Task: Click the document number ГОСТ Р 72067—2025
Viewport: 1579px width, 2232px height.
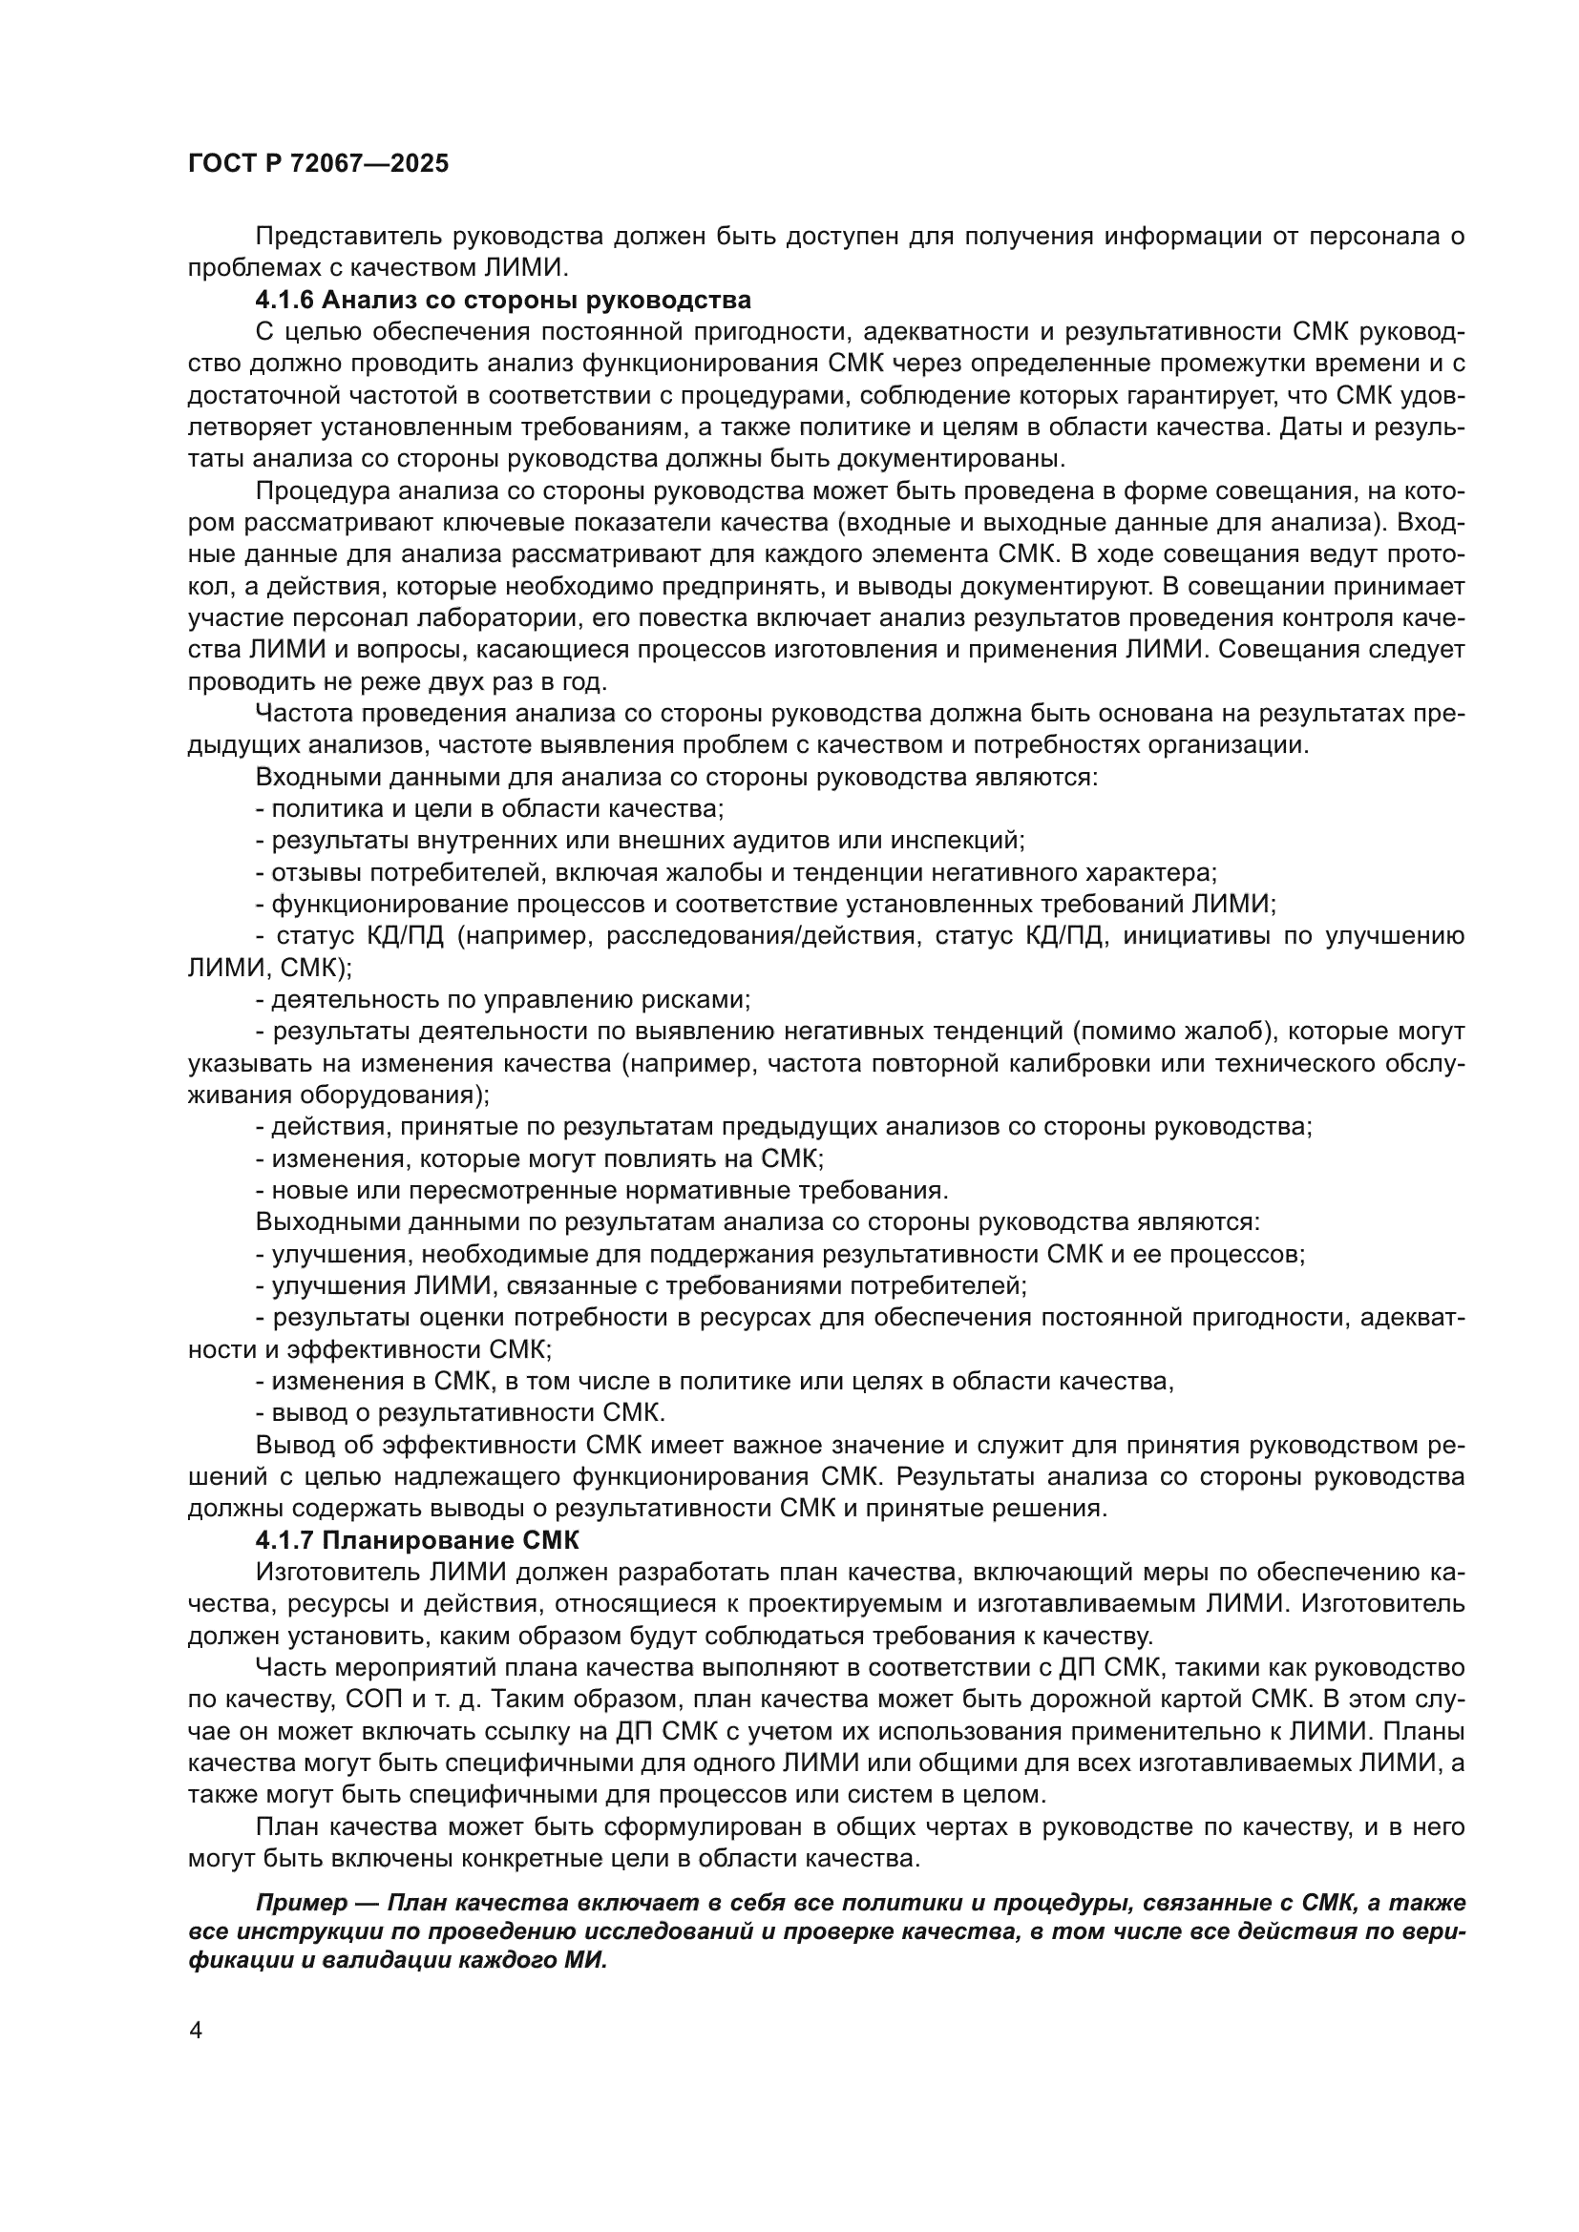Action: coord(318,163)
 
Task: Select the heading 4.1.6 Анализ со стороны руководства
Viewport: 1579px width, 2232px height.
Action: coord(503,300)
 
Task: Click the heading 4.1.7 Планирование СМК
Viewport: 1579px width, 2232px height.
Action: coord(416,1541)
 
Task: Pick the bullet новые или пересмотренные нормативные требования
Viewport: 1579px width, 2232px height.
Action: coord(601,1190)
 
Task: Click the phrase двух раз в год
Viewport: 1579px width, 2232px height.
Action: coord(529,680)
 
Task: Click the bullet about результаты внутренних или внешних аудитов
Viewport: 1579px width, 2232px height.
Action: coord(641,840)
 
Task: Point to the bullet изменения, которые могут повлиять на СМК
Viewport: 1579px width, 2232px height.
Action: coord(539,1158)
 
